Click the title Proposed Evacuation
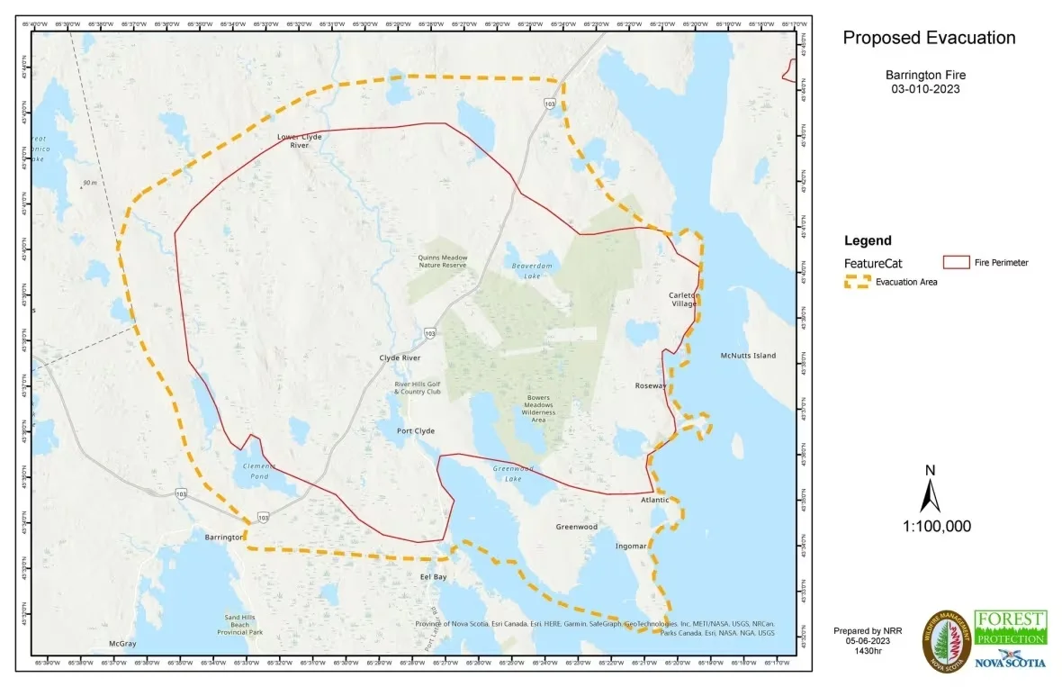point(929,38)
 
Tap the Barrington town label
point(224,537)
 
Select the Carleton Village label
point(683,300)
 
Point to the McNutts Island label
point(748,356)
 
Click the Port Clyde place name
point(416,431)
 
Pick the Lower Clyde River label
point(299,140)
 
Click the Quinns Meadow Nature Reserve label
point(442,261)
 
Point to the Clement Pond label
point(258,471)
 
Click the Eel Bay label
point(433,576)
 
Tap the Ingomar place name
point(630,546)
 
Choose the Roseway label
point(651,385)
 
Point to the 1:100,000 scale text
point(936,527)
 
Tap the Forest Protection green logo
point(1011,628)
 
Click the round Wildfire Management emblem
point(946,640)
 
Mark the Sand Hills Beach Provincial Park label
point(238,625)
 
